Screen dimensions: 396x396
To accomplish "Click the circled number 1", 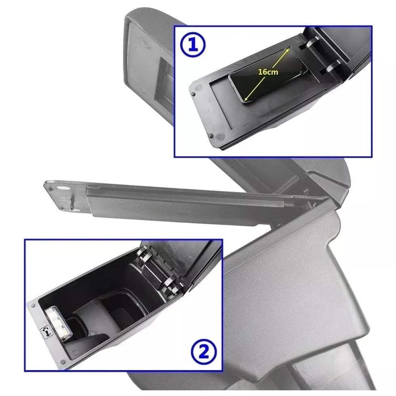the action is point(193,45).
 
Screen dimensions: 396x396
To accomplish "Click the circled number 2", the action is point(204,352).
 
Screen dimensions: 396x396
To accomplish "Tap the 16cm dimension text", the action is point(268,72).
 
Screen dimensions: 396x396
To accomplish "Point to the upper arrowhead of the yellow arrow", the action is point(288,50).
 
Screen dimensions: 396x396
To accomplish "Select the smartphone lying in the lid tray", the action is point(268,74).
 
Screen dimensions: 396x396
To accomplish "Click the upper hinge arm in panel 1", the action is point(311,42).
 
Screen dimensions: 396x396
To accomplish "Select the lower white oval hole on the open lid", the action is point(76,210).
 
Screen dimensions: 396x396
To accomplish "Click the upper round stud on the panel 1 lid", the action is point(194,94).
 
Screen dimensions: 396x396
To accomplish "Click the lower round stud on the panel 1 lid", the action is point(211,136).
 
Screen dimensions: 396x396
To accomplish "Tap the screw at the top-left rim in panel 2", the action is point(33,306).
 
